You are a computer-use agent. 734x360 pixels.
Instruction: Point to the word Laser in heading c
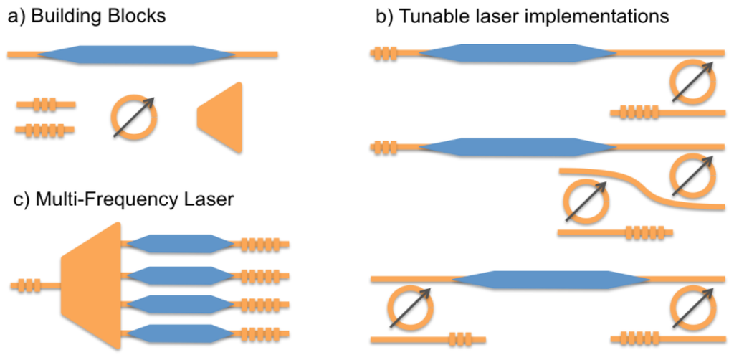tap(204, 199)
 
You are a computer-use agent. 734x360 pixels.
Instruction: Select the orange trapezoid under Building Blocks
tap(222, 118)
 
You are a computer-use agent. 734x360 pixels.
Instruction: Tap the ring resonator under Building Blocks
tap(134, 117)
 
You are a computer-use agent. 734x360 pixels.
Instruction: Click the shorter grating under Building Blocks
tap(44, 106)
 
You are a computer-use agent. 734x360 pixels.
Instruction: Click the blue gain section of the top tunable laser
tap(516, 53)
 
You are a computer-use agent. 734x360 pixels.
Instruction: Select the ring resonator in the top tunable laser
tap(692, 81)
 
